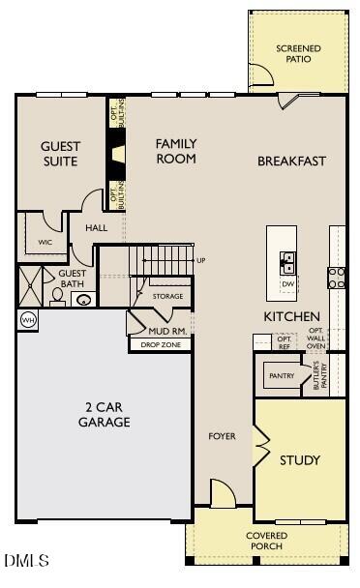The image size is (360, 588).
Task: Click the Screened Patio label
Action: [x=298, y=54]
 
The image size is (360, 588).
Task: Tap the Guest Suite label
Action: [x=60, y=154]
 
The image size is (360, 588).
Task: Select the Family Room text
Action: [x=176, y=151]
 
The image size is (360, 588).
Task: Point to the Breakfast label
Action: [x=291, y=162]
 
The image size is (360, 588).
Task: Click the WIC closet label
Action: [x=45, y=242]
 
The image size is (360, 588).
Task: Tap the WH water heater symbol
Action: [x=26, y=320]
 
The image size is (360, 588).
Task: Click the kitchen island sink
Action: [x=287, y=259]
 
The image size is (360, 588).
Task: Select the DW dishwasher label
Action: [x=287, y=283]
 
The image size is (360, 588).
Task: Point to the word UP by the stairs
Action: [x=201, y=260]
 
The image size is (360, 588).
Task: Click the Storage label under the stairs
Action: [x=167, y=296]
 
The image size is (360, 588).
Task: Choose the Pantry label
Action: [x=282, y=375]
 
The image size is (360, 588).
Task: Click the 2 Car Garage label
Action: [x=105, y=415]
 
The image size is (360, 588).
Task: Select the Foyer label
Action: [x=222, y=437]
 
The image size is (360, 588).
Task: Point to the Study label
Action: [x=299, y=460]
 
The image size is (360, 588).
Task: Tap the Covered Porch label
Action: [x=266, y=541]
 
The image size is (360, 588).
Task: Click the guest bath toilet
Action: [x=56, y=297]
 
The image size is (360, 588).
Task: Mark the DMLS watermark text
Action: [x=26, y=560]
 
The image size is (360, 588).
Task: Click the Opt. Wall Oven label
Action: [x=316, y=338]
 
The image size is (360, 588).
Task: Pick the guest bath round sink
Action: [x=84, y=300]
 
